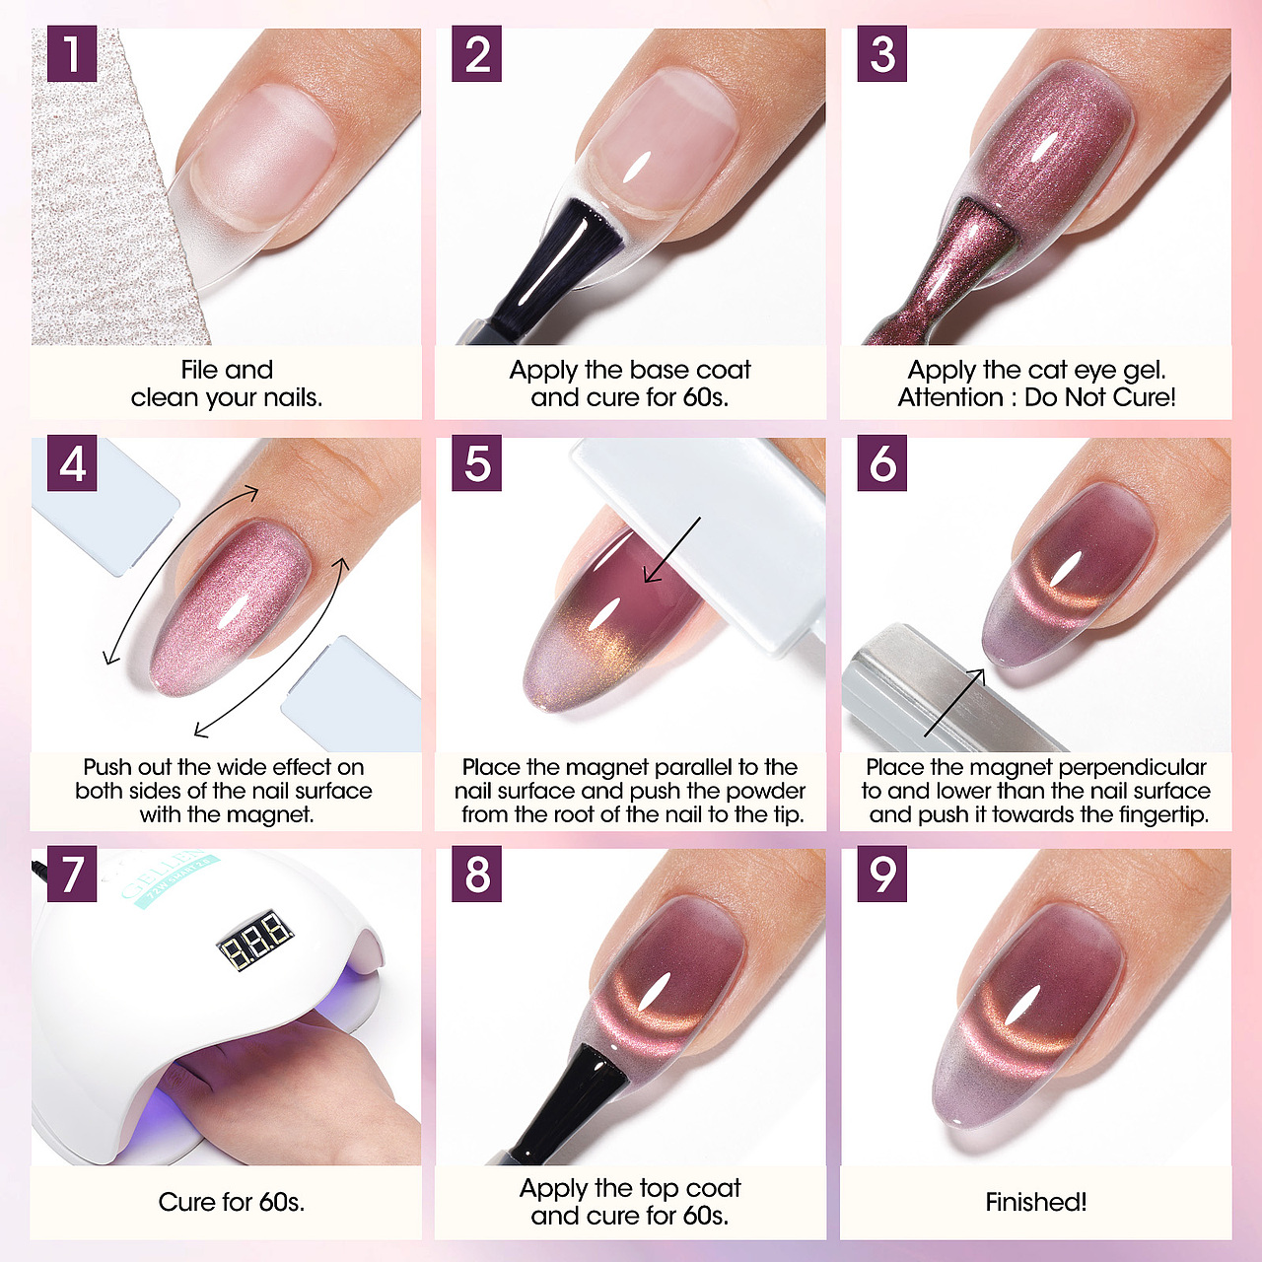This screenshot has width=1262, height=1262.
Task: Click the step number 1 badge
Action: click(x=72, y=53)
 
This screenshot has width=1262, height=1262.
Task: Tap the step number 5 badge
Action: click(x=477, y=463)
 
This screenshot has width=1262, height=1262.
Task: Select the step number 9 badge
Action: click(x=882, y=874)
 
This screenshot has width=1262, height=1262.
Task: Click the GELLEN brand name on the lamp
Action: click(x=161, y=875)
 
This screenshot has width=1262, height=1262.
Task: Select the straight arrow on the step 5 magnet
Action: click(x=671, y=550)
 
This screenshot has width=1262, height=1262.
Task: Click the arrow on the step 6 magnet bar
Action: click(x=954, y=703)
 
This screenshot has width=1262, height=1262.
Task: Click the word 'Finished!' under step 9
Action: click(x=1036, y=1202)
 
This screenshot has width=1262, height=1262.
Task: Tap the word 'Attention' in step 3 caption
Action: click(x=950, y=397)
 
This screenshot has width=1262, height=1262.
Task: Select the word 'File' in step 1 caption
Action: click(x=199, y=370)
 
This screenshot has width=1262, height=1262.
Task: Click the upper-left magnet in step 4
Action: click(x=105, y=504)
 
